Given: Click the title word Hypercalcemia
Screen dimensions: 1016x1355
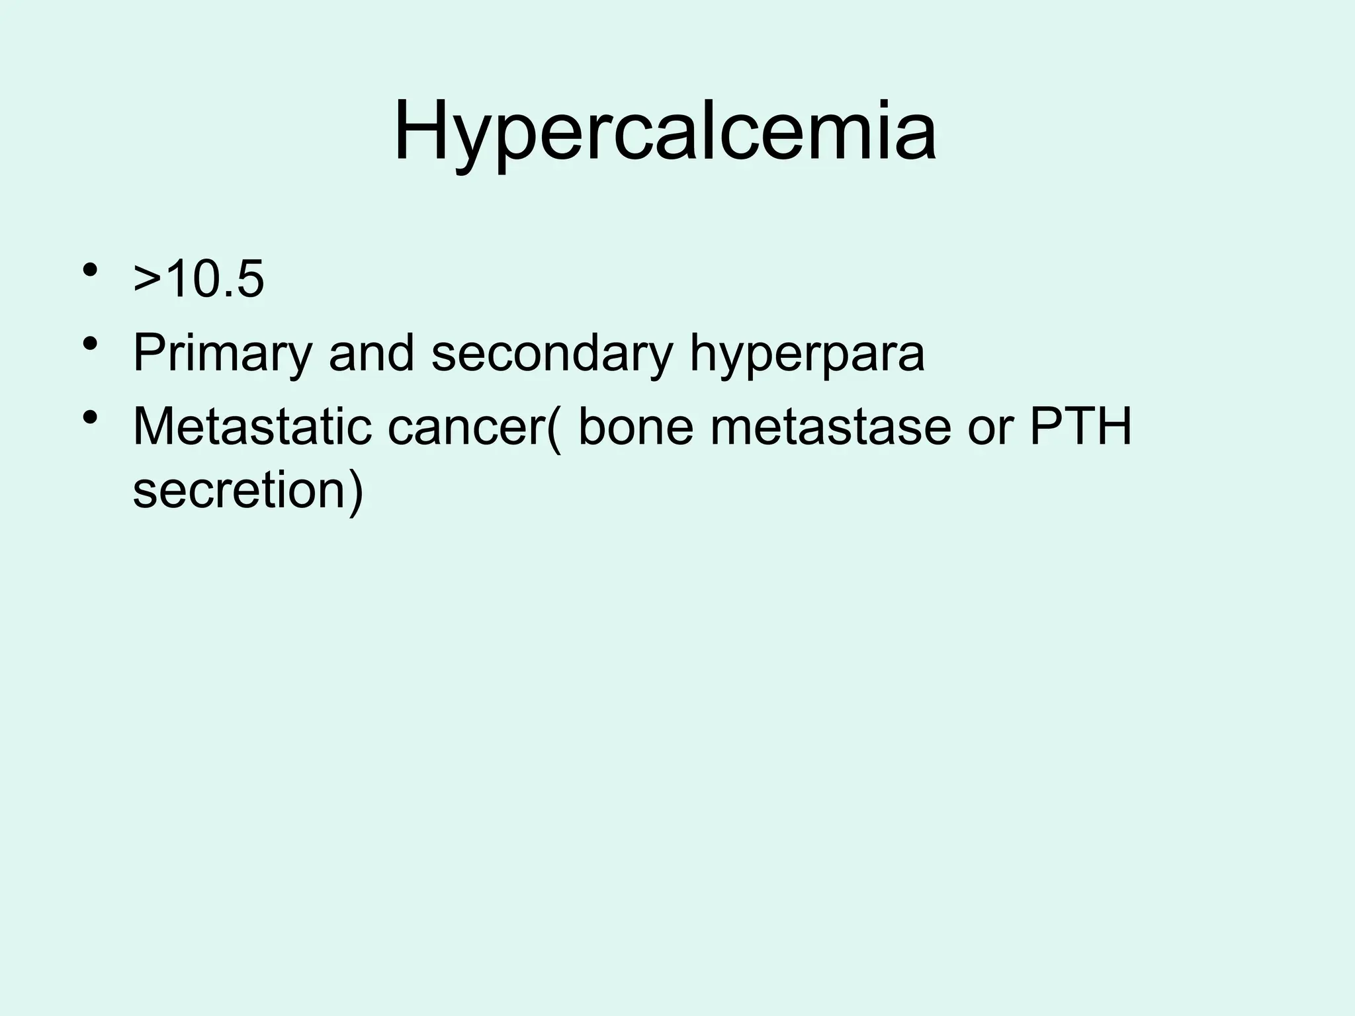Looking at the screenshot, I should tap(664, 132).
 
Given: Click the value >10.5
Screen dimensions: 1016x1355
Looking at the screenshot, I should tap(198, 279).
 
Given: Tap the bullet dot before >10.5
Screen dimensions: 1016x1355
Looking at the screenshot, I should tap(91, 271).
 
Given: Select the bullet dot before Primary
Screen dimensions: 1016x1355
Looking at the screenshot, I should tap(91, 345).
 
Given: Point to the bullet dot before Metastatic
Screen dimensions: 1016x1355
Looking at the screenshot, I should tap(91, 418).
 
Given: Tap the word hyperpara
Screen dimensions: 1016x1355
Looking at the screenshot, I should tap(807, 353).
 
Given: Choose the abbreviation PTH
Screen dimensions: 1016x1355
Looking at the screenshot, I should tap(1081, 427).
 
